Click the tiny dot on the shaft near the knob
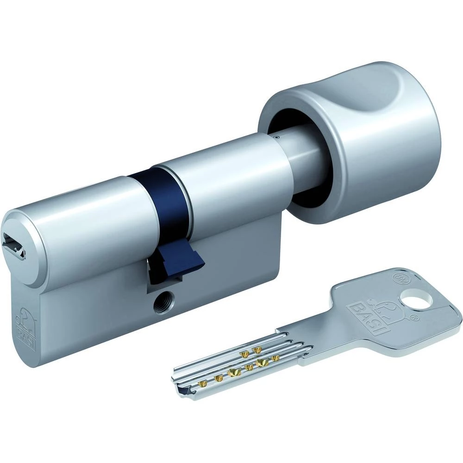point(276,137)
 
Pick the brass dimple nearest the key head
point(276,358)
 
